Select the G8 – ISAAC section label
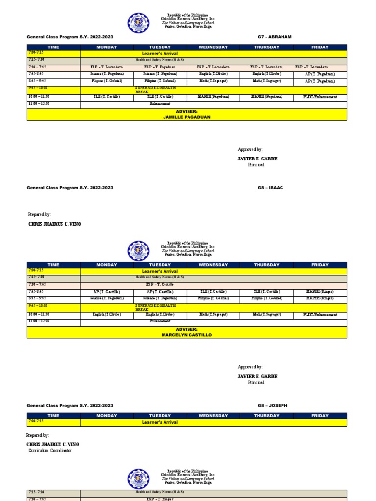click(x=270, y=188)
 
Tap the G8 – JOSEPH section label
click(x=273, y=406)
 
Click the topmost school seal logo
click(x=138, y=23)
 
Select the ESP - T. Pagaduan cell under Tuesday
click(x=160, y=67)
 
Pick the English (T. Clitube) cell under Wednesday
click(x=213, y=74)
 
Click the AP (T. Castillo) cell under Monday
click(x=107, y=292)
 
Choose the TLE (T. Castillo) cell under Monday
click(x=107, y=97)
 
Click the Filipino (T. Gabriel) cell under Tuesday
click(x=160, y=81)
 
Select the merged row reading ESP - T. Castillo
click(x=160, y=284)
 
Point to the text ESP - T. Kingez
click(x=160, y=499)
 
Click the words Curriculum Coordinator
click(x=50, y=451)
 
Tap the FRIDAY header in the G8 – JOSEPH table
click(x=320, y=416)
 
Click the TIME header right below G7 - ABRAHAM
click(x=53, y=47)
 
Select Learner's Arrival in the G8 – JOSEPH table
click(x=160, y=422)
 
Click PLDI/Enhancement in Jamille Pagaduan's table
click(x=320, y=97)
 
